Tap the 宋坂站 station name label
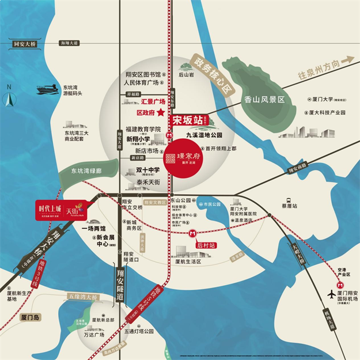coord(188,121)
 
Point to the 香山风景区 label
coord(264,99)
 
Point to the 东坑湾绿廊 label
coord(86,170)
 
